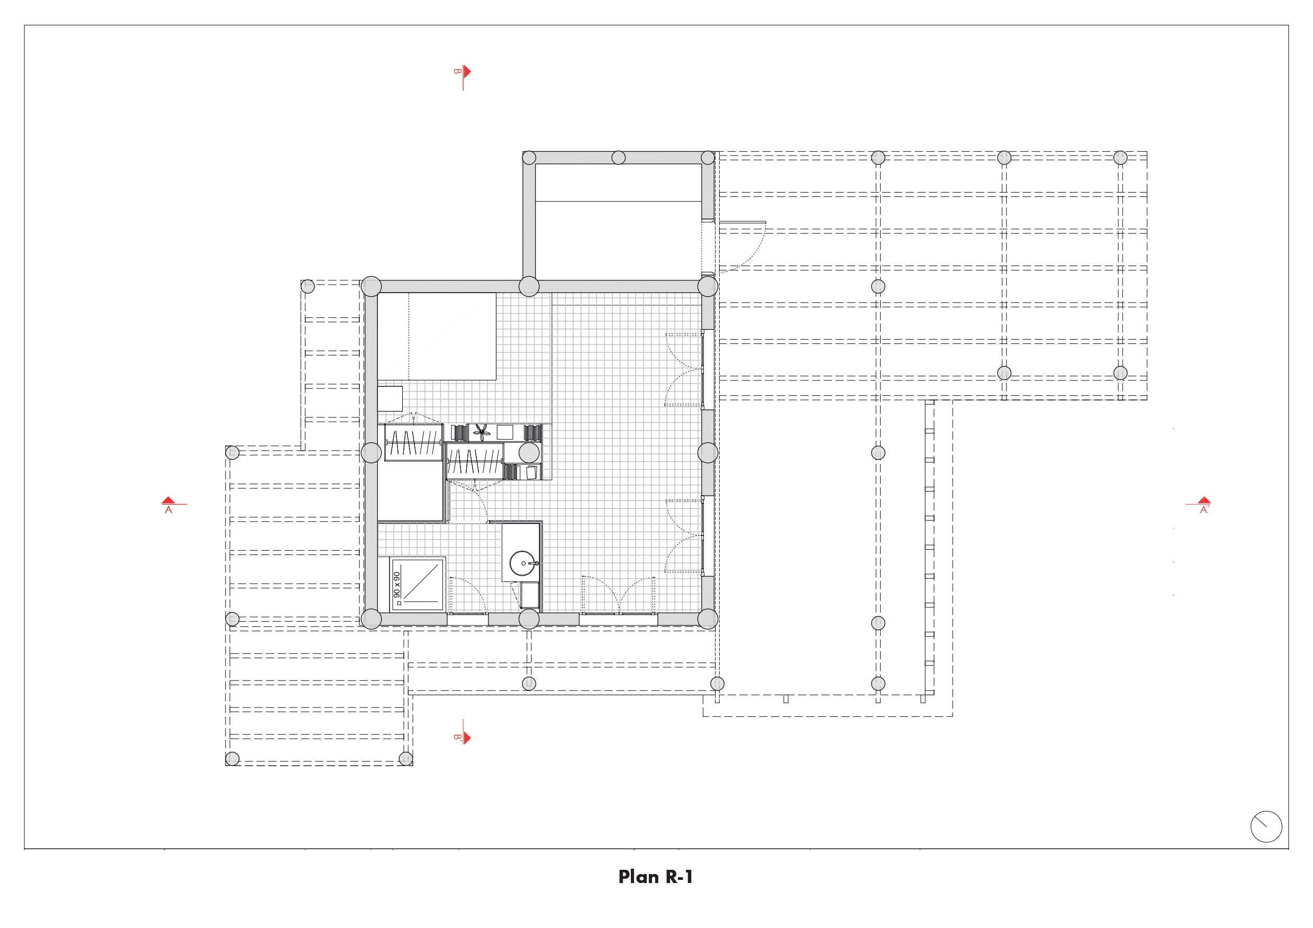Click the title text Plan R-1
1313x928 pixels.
[655, 877]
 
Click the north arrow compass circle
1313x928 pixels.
[1266, 826]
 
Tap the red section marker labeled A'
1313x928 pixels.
[1204, 505]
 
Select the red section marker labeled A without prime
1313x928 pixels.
[169, 505]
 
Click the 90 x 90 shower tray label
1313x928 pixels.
[397, 584]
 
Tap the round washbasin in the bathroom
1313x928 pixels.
[522, 563]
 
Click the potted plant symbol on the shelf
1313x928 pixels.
[482, 432]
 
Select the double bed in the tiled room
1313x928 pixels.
[437, 336]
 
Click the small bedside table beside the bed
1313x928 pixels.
[390, 398]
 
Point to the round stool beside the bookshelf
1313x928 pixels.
[529, 453]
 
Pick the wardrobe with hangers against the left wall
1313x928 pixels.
[413, 442]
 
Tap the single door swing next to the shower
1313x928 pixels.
[468, 595]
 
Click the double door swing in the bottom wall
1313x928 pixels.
[619, 595]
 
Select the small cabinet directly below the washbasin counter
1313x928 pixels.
[530, 595]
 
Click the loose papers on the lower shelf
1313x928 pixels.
[531, 472]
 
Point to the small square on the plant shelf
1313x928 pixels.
[505, 432]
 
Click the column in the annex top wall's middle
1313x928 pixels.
[618, 157]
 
